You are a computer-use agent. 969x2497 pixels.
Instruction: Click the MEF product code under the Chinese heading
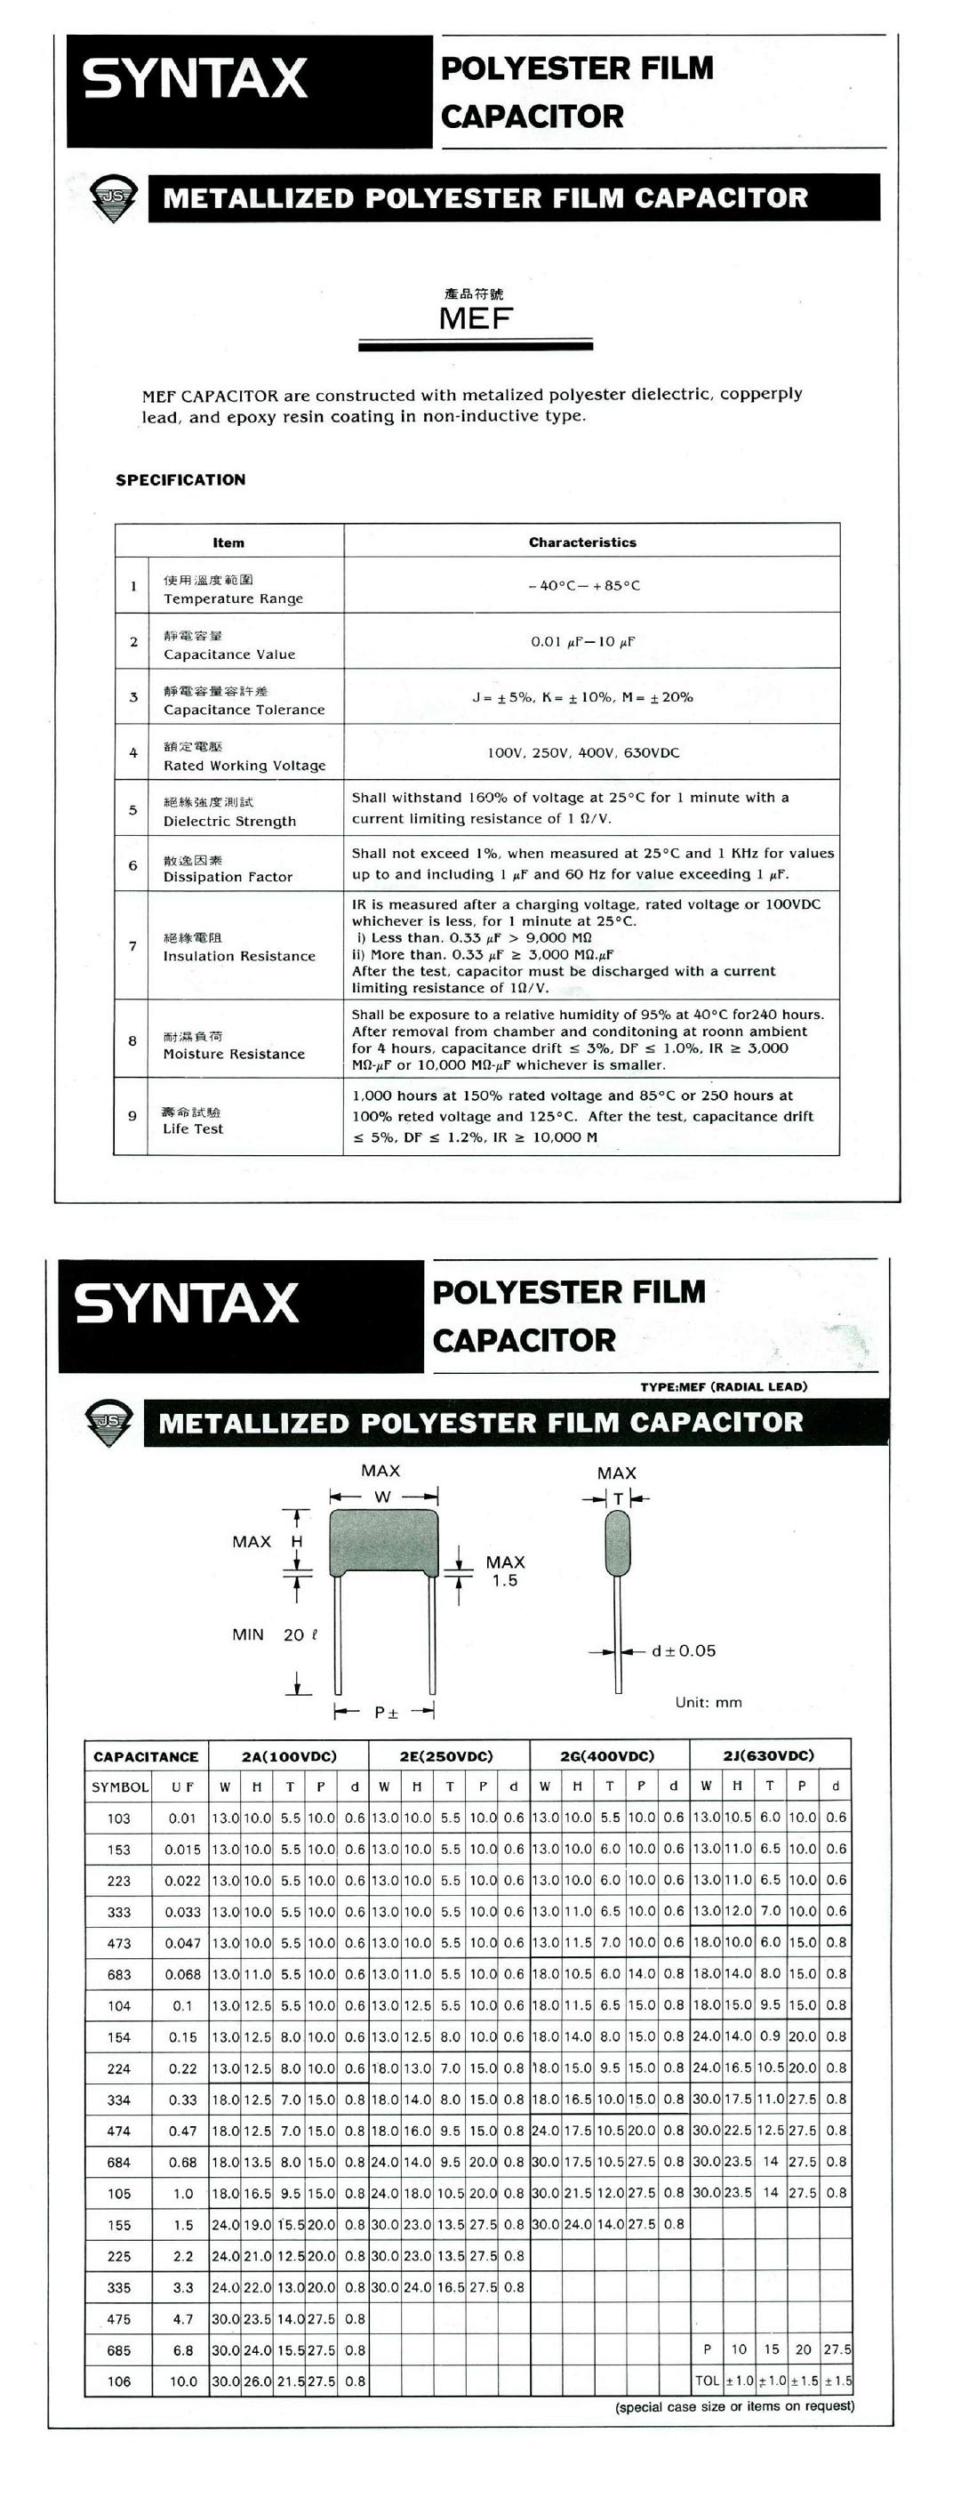475,318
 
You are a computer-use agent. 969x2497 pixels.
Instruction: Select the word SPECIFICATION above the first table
180,480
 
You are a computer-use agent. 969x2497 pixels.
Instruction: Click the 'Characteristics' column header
582,542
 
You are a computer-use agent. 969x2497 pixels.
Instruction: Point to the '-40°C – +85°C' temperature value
584,585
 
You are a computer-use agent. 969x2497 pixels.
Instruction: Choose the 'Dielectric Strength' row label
229,821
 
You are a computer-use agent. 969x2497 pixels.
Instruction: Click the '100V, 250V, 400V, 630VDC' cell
583,752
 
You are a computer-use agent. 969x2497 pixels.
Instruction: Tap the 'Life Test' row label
193,1128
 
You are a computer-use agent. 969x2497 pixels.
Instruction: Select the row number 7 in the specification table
132,946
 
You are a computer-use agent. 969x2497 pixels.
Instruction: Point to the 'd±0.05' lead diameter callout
683,1650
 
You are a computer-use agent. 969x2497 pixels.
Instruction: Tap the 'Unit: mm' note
709,1702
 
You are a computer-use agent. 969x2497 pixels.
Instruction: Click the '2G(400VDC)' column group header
607,1755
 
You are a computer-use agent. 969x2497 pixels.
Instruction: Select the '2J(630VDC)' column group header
768,1755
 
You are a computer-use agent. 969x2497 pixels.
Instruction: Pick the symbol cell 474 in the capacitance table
118,2131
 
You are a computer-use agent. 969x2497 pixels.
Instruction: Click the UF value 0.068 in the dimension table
182,1974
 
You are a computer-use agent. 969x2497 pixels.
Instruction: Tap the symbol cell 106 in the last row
118,2381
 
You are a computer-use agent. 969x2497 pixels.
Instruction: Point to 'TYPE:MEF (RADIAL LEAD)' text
723,1386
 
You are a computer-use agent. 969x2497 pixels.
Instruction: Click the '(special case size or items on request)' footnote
734,2406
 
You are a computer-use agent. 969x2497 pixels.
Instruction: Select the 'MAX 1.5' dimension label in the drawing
505,1571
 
